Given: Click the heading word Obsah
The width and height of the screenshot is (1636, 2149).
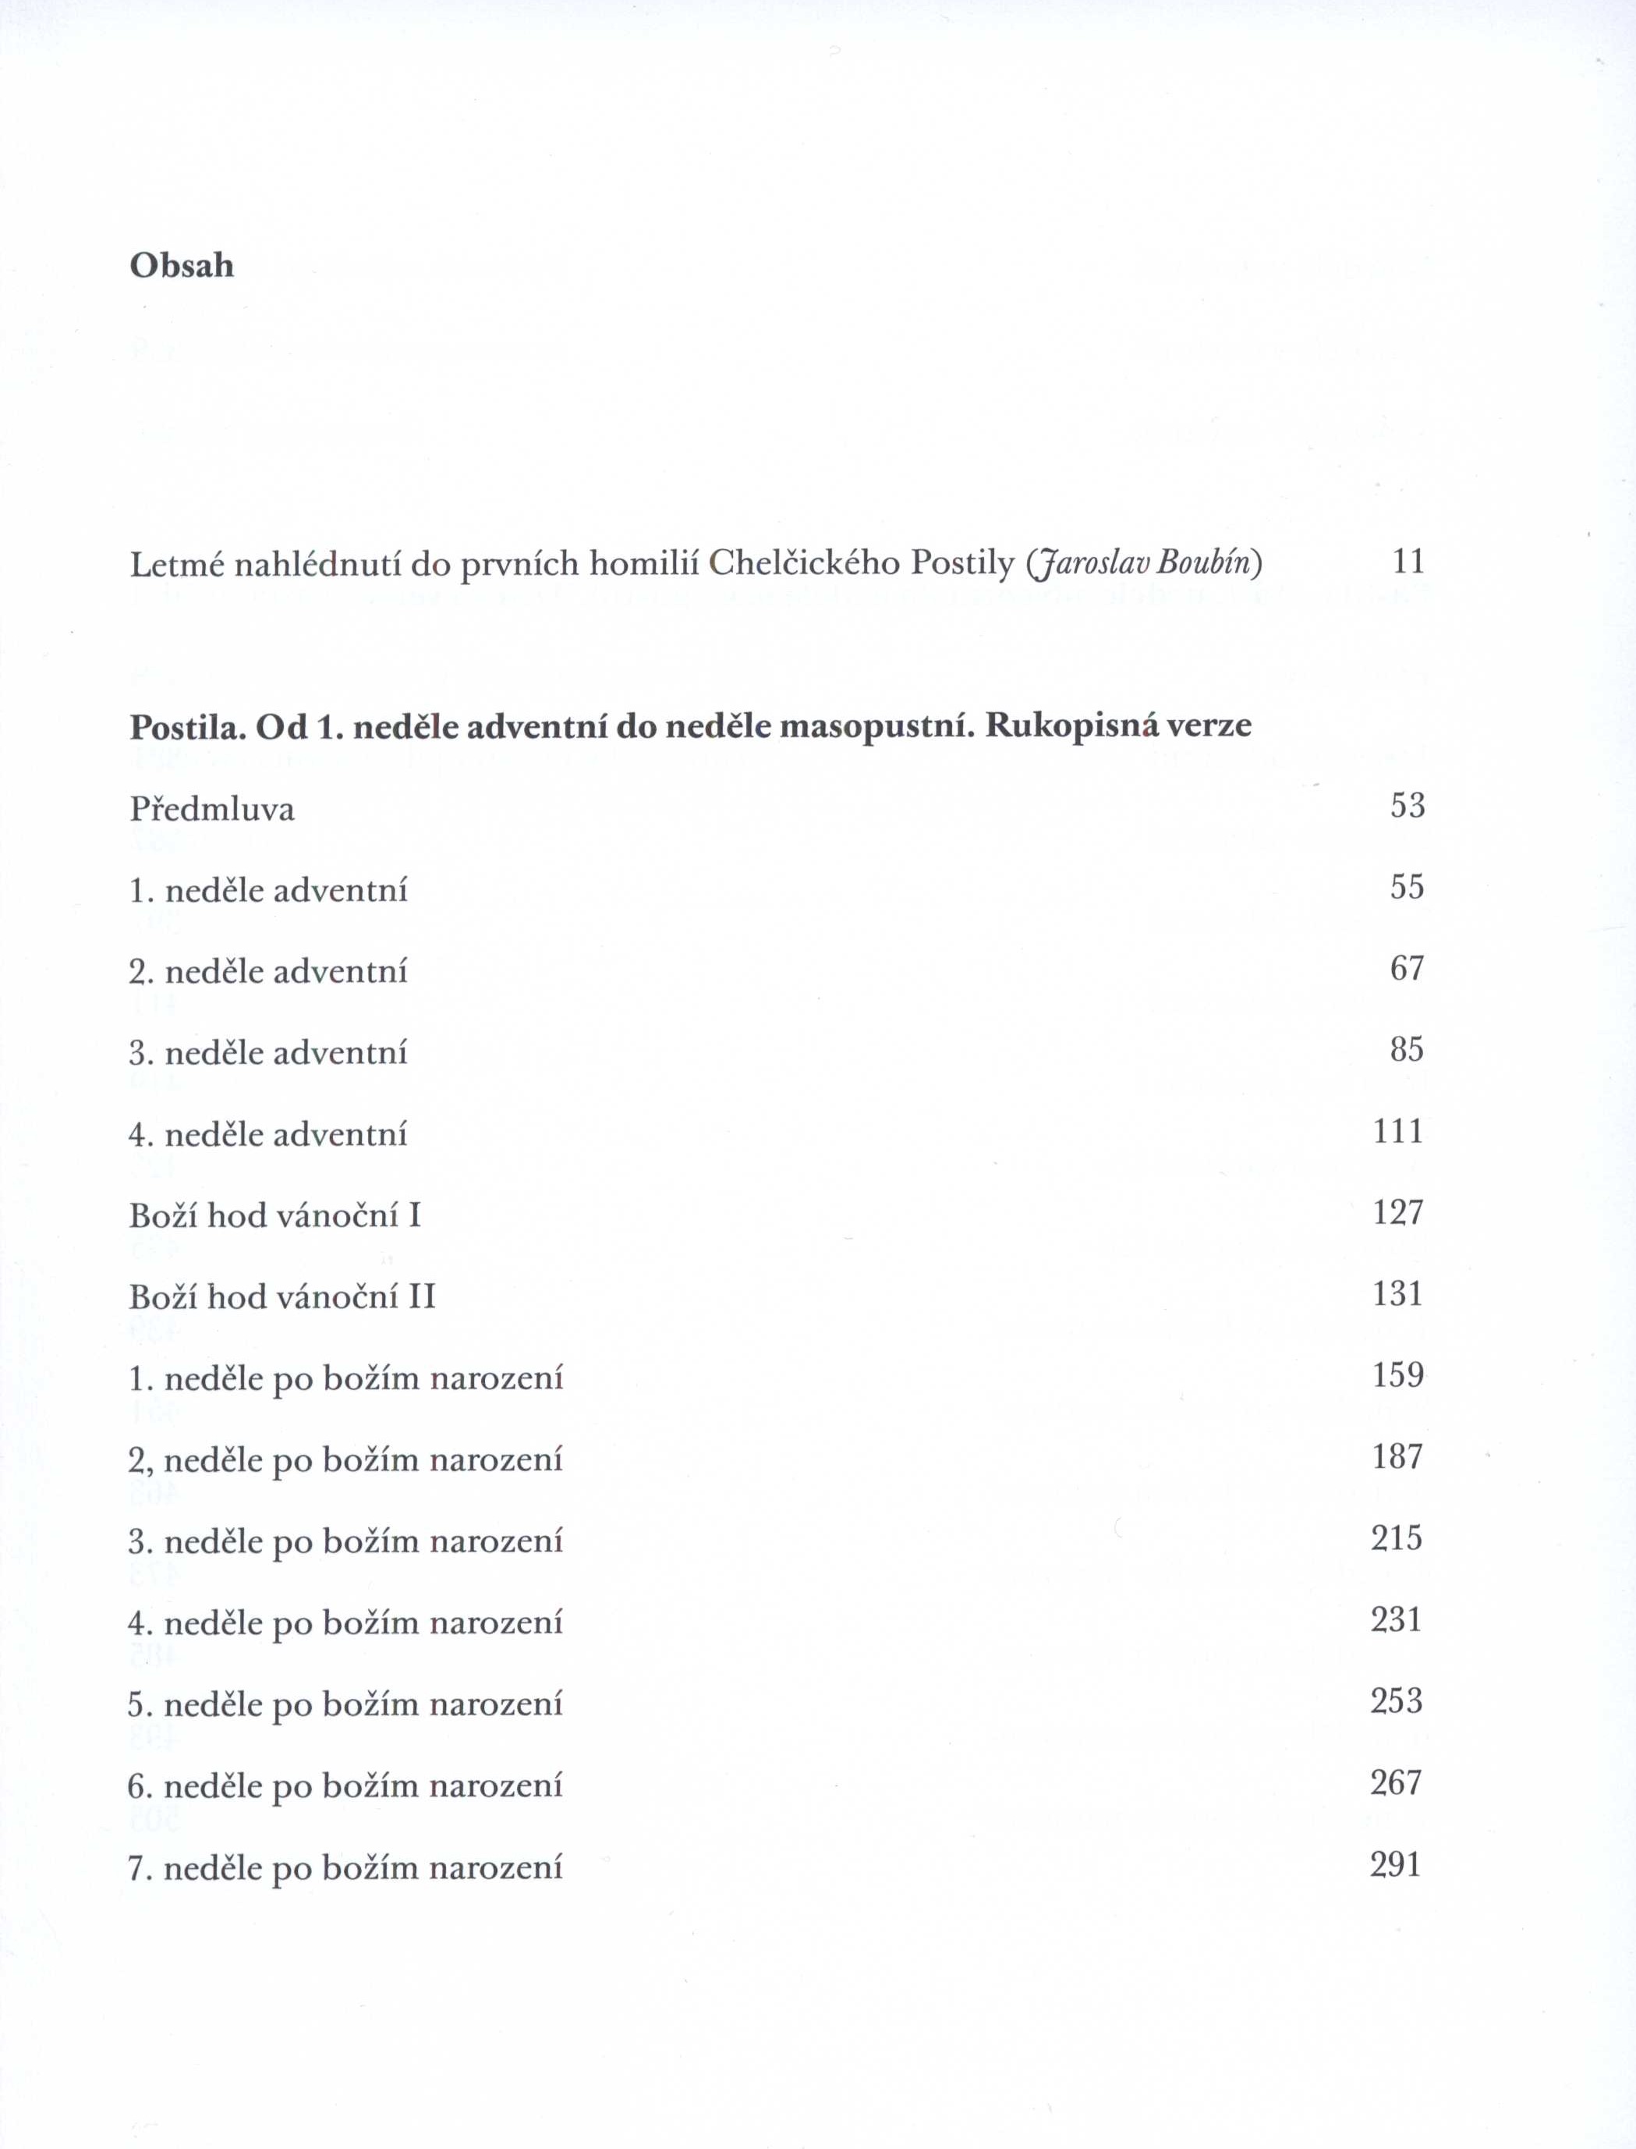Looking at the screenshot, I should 182,265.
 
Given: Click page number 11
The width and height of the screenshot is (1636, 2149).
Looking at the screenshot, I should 1409,561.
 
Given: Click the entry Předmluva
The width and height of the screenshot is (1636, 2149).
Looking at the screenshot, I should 212,809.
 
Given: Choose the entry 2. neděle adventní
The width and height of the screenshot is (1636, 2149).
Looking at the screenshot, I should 269,971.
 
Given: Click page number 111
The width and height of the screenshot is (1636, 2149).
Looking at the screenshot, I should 1398,1131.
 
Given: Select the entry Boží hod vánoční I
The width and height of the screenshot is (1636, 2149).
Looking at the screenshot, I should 275,1216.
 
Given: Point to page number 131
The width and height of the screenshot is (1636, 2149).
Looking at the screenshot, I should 1398,1293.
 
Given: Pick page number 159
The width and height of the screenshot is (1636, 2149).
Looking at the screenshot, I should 1398,1374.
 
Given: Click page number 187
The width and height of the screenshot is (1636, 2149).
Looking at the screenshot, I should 1398,1456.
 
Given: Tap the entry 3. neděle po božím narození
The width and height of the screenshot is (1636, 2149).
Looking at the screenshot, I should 345,1541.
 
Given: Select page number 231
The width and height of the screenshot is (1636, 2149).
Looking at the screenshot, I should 1397,1619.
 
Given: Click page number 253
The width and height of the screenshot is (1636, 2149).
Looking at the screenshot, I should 1397,1701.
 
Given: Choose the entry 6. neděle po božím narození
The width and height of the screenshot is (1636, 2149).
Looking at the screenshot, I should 345,1786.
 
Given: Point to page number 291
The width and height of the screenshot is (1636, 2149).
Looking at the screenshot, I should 1397,1864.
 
